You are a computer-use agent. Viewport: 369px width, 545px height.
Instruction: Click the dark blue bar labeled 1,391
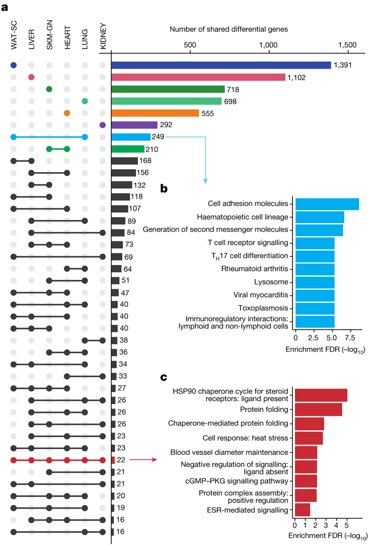[x=221, y=65]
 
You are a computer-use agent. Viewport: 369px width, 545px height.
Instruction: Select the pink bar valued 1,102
[x=198, y=77]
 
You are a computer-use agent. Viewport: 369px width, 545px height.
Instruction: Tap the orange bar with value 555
[x=155, y=113]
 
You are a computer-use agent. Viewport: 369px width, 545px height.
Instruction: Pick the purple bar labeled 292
[x=135, y=125]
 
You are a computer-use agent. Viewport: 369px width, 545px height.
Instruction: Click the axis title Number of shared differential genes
[x=229, y=29]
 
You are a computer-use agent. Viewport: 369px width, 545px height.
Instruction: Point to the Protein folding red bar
[x=318, y=409]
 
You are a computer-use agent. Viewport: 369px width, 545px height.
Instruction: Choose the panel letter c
[x=164, y=377]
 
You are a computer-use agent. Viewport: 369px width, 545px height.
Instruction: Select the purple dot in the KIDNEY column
[x=102, y=125]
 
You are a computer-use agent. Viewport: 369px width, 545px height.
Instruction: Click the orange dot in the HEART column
[x=67, y=113]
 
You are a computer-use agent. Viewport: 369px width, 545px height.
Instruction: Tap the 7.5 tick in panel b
[x=350, y=337]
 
